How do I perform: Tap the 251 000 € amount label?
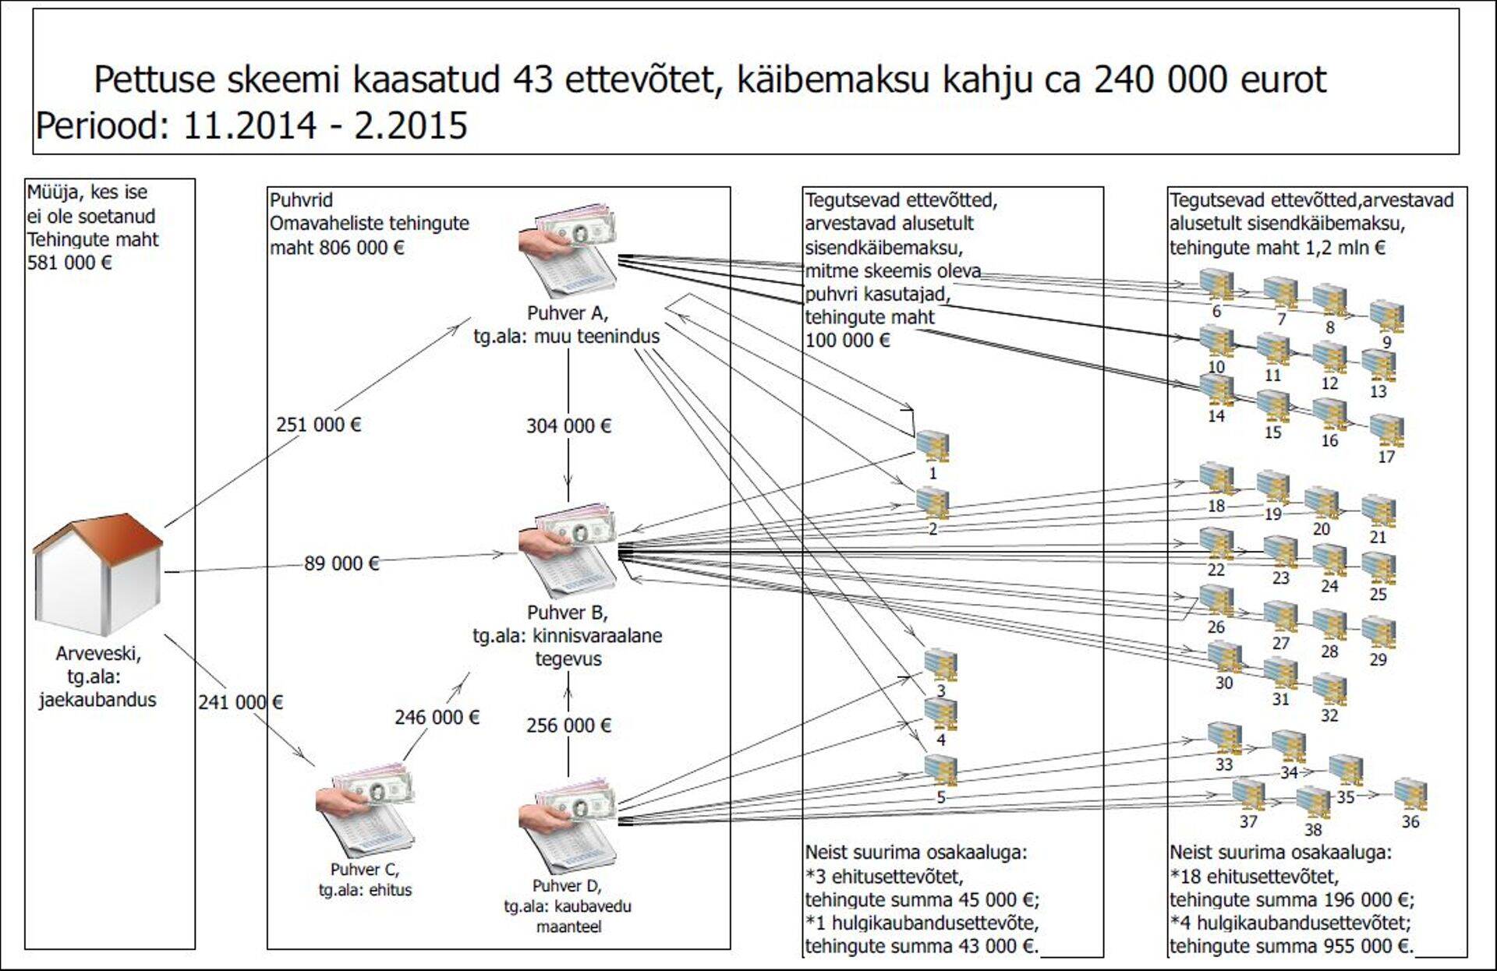318,425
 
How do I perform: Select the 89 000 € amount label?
342,563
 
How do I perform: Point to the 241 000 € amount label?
240,702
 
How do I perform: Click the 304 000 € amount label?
568,425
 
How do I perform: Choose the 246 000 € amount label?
437,717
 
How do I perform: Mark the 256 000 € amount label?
568,726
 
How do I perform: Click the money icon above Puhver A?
568,251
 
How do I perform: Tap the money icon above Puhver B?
568,551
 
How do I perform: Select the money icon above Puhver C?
365,810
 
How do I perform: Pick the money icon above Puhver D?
568,824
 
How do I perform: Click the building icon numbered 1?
933,447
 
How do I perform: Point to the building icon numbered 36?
1410,795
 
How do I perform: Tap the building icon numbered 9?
1386,316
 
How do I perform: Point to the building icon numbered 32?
1329,690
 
